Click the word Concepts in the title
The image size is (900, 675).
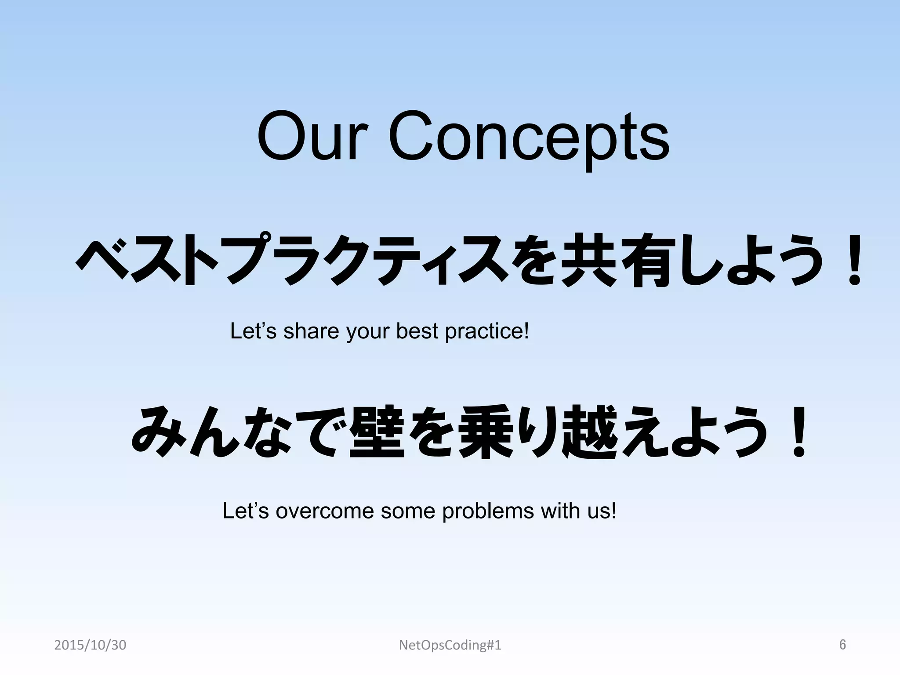click(529, 139)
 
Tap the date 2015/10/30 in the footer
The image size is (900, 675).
click(90, 646)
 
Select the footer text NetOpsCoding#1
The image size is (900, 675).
click(450, 646)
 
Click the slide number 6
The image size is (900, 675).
click(842, 645)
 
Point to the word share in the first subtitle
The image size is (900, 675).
click(311, 331)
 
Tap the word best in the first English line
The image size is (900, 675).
click(417, 331)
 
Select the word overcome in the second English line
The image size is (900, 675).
click(324, 511)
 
